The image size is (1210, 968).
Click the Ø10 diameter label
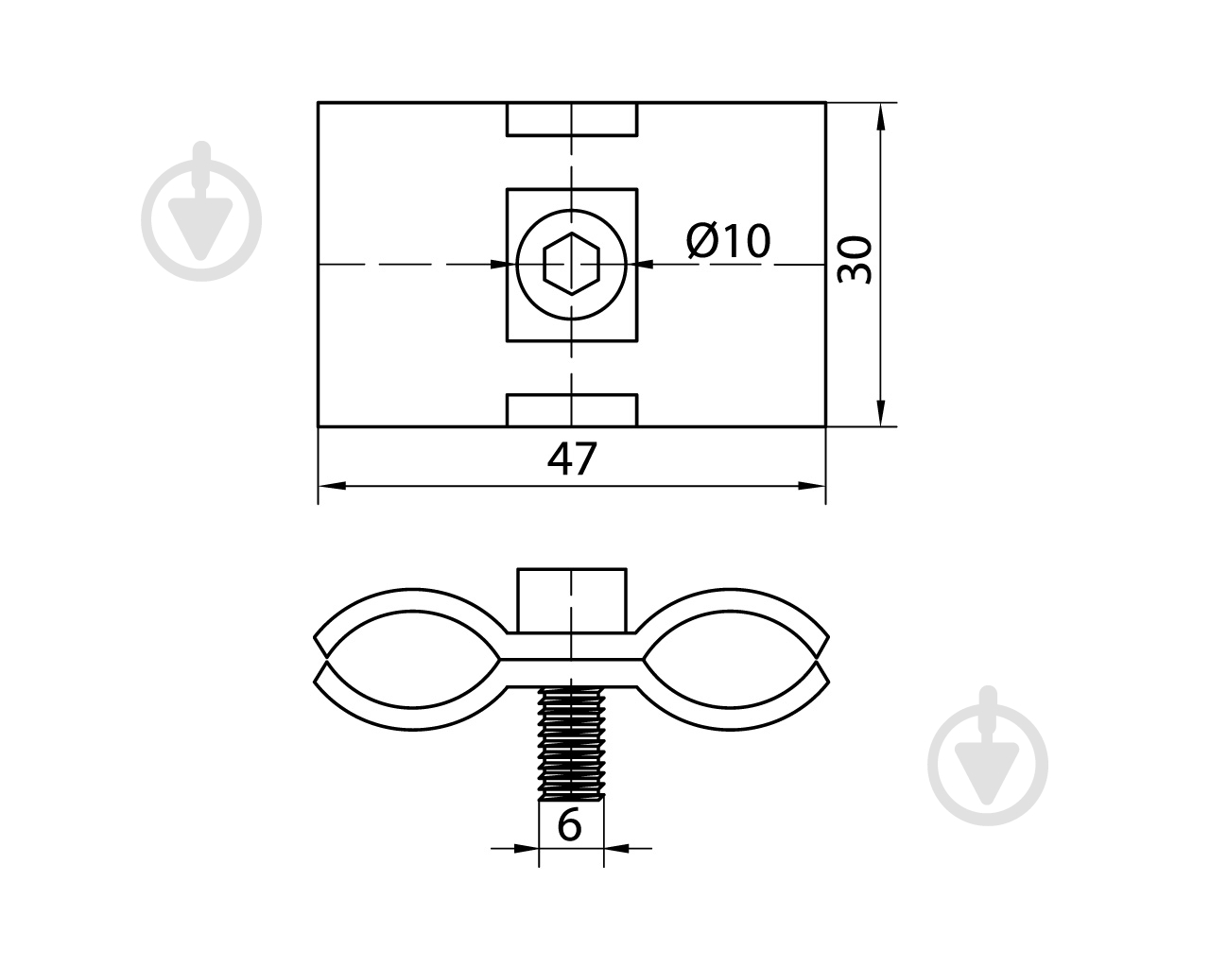click(728, 241)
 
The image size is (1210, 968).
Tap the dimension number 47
click(572, 459)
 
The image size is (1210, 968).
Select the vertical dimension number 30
click(855, 259)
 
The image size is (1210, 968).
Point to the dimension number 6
click(570, 825)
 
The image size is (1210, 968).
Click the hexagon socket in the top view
click(572, 264)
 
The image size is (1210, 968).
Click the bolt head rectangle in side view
click(571, 600)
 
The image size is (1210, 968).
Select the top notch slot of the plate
click(572, 119)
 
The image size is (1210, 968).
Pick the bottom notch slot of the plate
click(572, 410)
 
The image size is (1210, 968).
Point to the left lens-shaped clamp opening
click(413, 659)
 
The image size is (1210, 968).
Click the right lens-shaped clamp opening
click(730, 659)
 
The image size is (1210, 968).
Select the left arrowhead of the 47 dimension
click(332, 486)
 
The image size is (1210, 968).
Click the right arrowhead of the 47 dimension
click(812, 486)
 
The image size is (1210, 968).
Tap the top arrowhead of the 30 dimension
click(880, 116)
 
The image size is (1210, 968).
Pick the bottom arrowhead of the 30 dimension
click(880, 413)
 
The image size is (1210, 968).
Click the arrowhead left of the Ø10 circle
click(503, 264)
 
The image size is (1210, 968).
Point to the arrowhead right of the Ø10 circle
click(640, 264)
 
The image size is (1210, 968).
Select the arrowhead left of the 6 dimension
click(527, 863)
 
